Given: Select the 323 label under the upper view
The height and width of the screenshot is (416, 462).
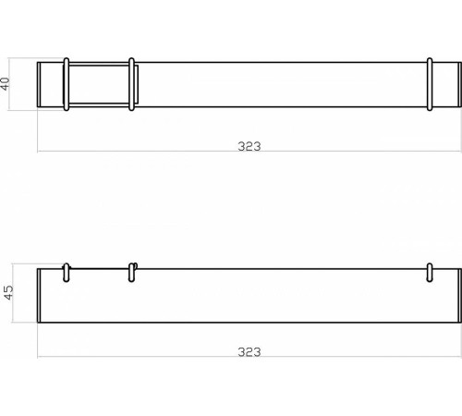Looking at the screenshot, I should [x=249, y=144].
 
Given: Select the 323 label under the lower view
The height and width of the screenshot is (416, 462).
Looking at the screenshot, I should [x=249, y=352].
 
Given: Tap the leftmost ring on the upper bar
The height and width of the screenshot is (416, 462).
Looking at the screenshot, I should [x=66, y=85].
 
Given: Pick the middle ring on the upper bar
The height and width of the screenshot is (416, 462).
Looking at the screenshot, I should [x=132, y=85].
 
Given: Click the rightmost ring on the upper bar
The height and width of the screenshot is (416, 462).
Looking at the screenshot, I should [x=430, y=85].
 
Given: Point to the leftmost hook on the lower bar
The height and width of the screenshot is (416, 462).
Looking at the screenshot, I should [x=66, y=270].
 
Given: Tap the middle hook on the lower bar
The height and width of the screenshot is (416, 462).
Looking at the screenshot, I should [x=132, y=270].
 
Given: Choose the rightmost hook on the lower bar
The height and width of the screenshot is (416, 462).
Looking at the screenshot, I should [x=430, y=270].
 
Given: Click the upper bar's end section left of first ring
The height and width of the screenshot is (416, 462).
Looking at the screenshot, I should [x=51, y=85].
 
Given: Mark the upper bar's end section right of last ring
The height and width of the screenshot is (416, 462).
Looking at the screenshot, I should [x=445, y=85].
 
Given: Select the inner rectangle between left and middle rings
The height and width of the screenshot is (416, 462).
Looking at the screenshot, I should [x=99, y=85].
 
